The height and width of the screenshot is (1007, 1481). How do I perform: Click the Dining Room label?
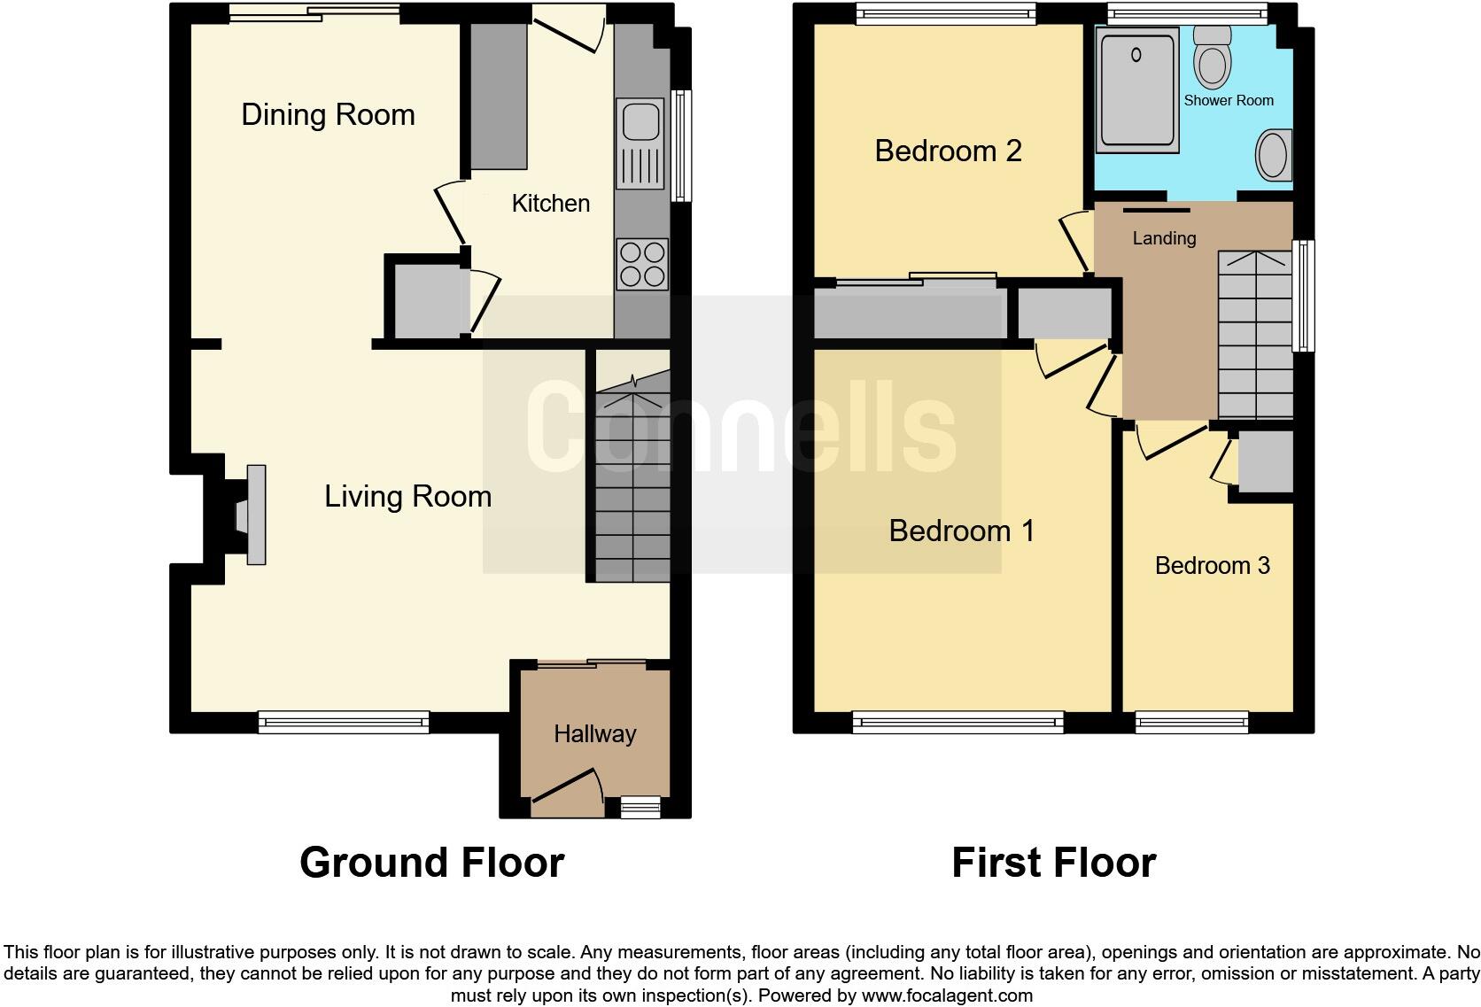coord(328,115)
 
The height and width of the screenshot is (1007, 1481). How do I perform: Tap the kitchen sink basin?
coord(639,120)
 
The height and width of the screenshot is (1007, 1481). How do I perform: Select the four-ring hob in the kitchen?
coord(642,264)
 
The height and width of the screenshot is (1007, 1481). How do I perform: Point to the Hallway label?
coord(594,734)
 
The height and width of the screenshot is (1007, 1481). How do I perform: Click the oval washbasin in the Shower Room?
coord(1274,156)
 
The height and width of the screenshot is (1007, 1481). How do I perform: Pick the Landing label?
coord(1164,238)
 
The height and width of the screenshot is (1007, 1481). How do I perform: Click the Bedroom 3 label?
coord(1212,565)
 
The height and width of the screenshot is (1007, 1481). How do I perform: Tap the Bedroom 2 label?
coord(948,151)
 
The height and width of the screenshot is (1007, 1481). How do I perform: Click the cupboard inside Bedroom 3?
coord(1266,462)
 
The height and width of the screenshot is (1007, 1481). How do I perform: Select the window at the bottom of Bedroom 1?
coord(958,723)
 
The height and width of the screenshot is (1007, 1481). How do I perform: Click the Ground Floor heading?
coord(431,863)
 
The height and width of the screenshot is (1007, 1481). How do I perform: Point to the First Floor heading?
coord(1053,863)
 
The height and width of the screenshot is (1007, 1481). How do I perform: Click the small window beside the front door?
coord(640,806)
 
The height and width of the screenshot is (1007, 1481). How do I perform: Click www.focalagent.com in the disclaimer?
coord(946,995)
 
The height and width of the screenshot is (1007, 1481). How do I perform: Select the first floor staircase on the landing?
coord(1255,337)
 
